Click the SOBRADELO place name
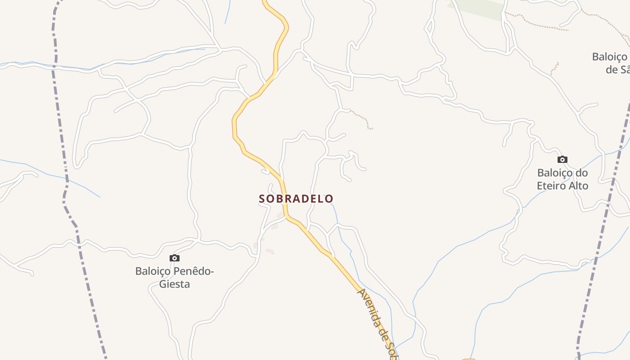296,198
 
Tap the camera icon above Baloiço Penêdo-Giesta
175,258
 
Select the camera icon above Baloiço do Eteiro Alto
562,159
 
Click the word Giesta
175,284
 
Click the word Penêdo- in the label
193,271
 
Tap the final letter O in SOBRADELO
330,198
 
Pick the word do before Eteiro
582,173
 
